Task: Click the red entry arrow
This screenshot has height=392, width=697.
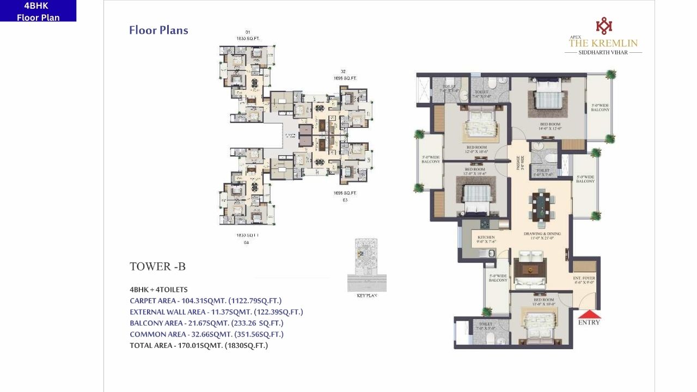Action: [589, 314]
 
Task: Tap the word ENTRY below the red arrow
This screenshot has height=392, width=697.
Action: [589, 322]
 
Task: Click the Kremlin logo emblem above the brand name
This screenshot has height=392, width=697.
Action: [603, 26]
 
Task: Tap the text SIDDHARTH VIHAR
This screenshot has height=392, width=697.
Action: [603, 53]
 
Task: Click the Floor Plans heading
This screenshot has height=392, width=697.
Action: [158, 30]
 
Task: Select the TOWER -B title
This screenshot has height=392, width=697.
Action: [157, 266]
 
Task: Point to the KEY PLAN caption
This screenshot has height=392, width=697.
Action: [366, 295]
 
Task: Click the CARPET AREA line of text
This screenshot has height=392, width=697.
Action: [205, 301]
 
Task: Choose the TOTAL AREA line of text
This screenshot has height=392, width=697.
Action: [198, 345]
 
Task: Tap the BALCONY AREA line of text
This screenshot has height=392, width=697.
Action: [206, 323]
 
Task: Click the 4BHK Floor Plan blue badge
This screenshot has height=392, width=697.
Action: [38, 11]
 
